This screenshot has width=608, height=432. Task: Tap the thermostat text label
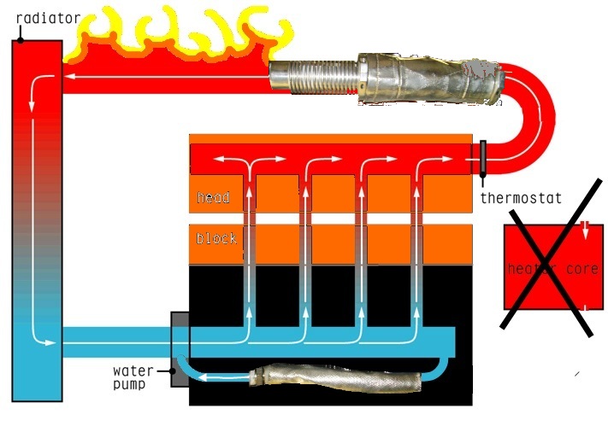click(521, 198)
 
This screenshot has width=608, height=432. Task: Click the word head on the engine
click(213, 198)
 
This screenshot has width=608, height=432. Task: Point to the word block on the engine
click(215, 238)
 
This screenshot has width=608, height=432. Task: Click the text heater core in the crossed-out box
click(552, 269)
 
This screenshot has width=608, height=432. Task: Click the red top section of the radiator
click(37, 68)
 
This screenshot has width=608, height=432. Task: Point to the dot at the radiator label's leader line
click(19, 38)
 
